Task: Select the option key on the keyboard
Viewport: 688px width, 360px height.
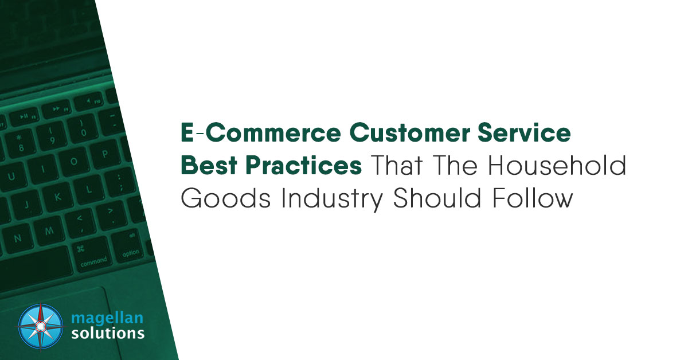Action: coord(131,253)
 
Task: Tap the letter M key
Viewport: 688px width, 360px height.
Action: coord(49,229)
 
